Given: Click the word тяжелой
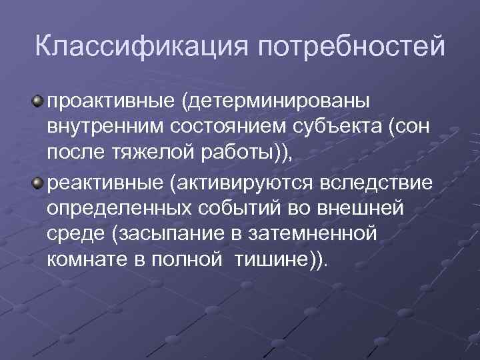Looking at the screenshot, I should [162, 155].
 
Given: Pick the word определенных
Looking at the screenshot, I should [119, 209].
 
